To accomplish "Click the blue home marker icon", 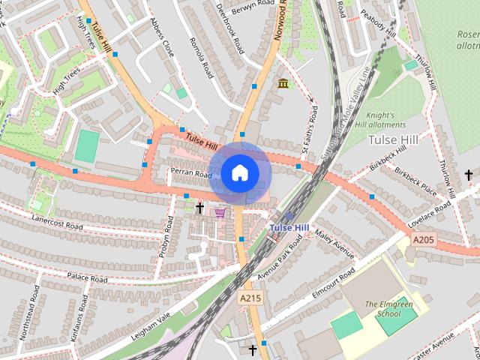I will pyautogui.click(x=239, y=173).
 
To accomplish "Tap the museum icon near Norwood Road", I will pyautogui.click(x=283, y=83).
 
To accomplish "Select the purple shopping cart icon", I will pyautogui.click(x=220, y=212).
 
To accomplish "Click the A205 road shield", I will pyautogui.click(x=423, y=239).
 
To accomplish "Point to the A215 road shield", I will pyautogui.click(x=250, y=298).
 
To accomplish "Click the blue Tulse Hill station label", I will pyautogui.click(x=288, y=227).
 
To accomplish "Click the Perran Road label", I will pyautogui.click(x=191, y=174).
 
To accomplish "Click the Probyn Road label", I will pyautogui.click(x=167, y=238).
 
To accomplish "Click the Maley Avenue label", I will pyautogui.click(x=334, y=244).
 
